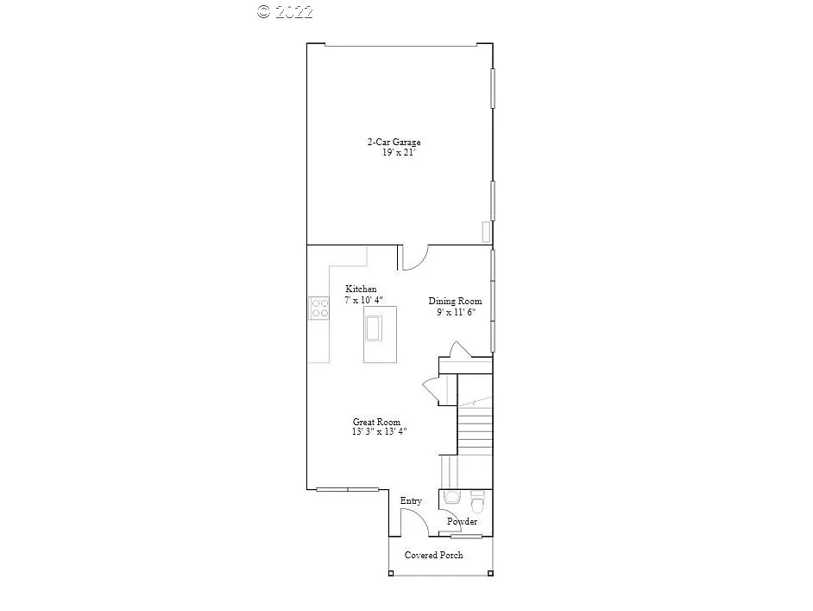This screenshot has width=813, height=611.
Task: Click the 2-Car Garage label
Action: (x=394, y=142)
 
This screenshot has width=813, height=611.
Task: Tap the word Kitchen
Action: (x=361, y=289)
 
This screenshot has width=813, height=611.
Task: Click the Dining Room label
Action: (x=455, y=302)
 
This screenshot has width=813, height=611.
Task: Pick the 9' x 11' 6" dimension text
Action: (x=456, y=313)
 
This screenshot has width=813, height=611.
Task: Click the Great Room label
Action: (x=376, y=422)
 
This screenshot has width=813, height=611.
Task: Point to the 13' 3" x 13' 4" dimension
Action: (x=379, y=432)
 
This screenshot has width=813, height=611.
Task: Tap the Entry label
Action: (x=411, y=501)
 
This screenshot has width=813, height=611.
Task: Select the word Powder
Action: (x=462, y=521)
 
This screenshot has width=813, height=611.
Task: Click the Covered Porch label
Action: (x=433, y=555)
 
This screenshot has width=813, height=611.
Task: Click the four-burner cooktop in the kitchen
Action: (x=319, y=308)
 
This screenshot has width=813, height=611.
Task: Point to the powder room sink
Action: (x=452, y=499)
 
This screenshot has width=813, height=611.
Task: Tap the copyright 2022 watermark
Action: (x=285, y=11)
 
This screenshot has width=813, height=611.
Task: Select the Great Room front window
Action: (x=348, y=489)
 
